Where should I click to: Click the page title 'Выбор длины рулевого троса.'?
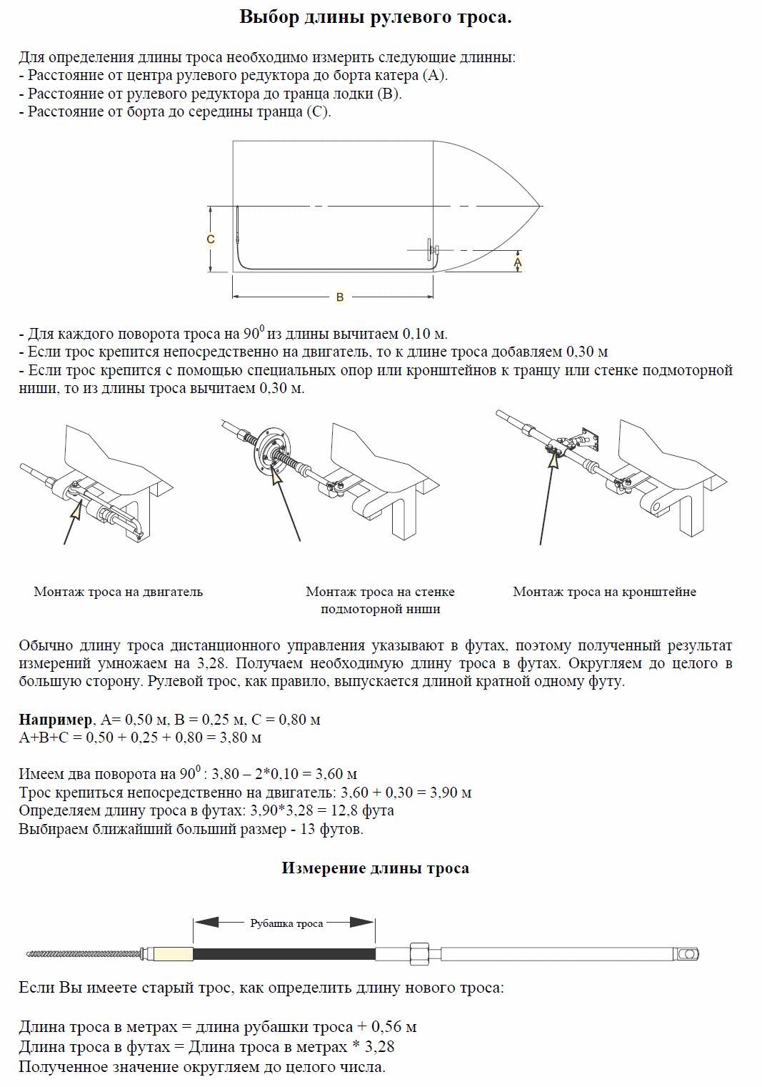pos(375,17)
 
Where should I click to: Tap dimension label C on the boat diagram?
pos(211,239)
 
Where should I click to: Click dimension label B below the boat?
pos(340,297)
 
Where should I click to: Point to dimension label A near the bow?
pos(518,262)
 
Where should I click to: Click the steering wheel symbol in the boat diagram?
pos(431,249)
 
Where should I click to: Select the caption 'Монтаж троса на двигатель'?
pos(119,592)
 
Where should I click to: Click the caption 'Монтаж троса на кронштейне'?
pos(604,592)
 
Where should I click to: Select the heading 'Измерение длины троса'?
pos(375,868)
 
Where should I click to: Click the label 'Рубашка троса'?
pos(286,923)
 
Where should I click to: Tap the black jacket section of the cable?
pos(284,953)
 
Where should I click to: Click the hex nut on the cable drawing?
pos(418,953)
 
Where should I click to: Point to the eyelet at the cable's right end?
pos(688,954)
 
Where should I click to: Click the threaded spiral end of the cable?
pos(82,954)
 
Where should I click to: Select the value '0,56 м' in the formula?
pos(393,1027)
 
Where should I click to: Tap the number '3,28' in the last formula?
pos(379,1047)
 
